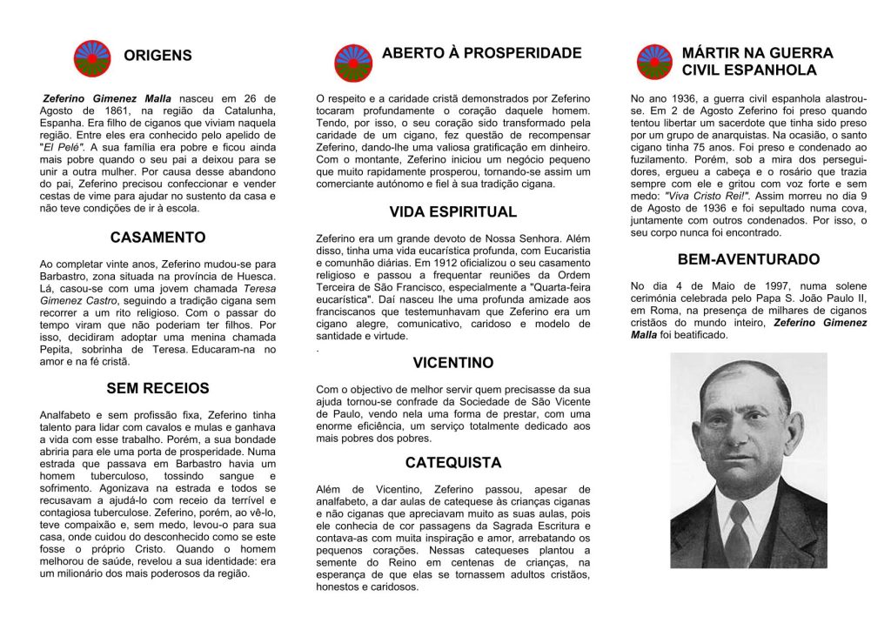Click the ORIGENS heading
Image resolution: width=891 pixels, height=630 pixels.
click(157, 56)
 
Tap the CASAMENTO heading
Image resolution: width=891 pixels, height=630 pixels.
click(157, 238)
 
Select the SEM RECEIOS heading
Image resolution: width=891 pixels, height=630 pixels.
click(157, 388)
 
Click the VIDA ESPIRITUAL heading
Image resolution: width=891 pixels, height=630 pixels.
click(452, 211)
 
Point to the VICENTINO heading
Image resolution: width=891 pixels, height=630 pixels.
click(452, 363)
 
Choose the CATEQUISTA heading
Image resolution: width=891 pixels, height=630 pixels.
click(452, 462)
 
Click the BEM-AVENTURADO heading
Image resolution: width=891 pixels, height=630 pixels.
click(748, 259)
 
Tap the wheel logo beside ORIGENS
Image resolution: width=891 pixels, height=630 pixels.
click(91, 57)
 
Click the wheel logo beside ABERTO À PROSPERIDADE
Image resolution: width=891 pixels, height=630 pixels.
click(352, 63)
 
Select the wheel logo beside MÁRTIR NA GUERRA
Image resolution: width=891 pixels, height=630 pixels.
click(653, 62)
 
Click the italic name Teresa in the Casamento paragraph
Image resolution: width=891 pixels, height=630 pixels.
click(259, 288)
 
